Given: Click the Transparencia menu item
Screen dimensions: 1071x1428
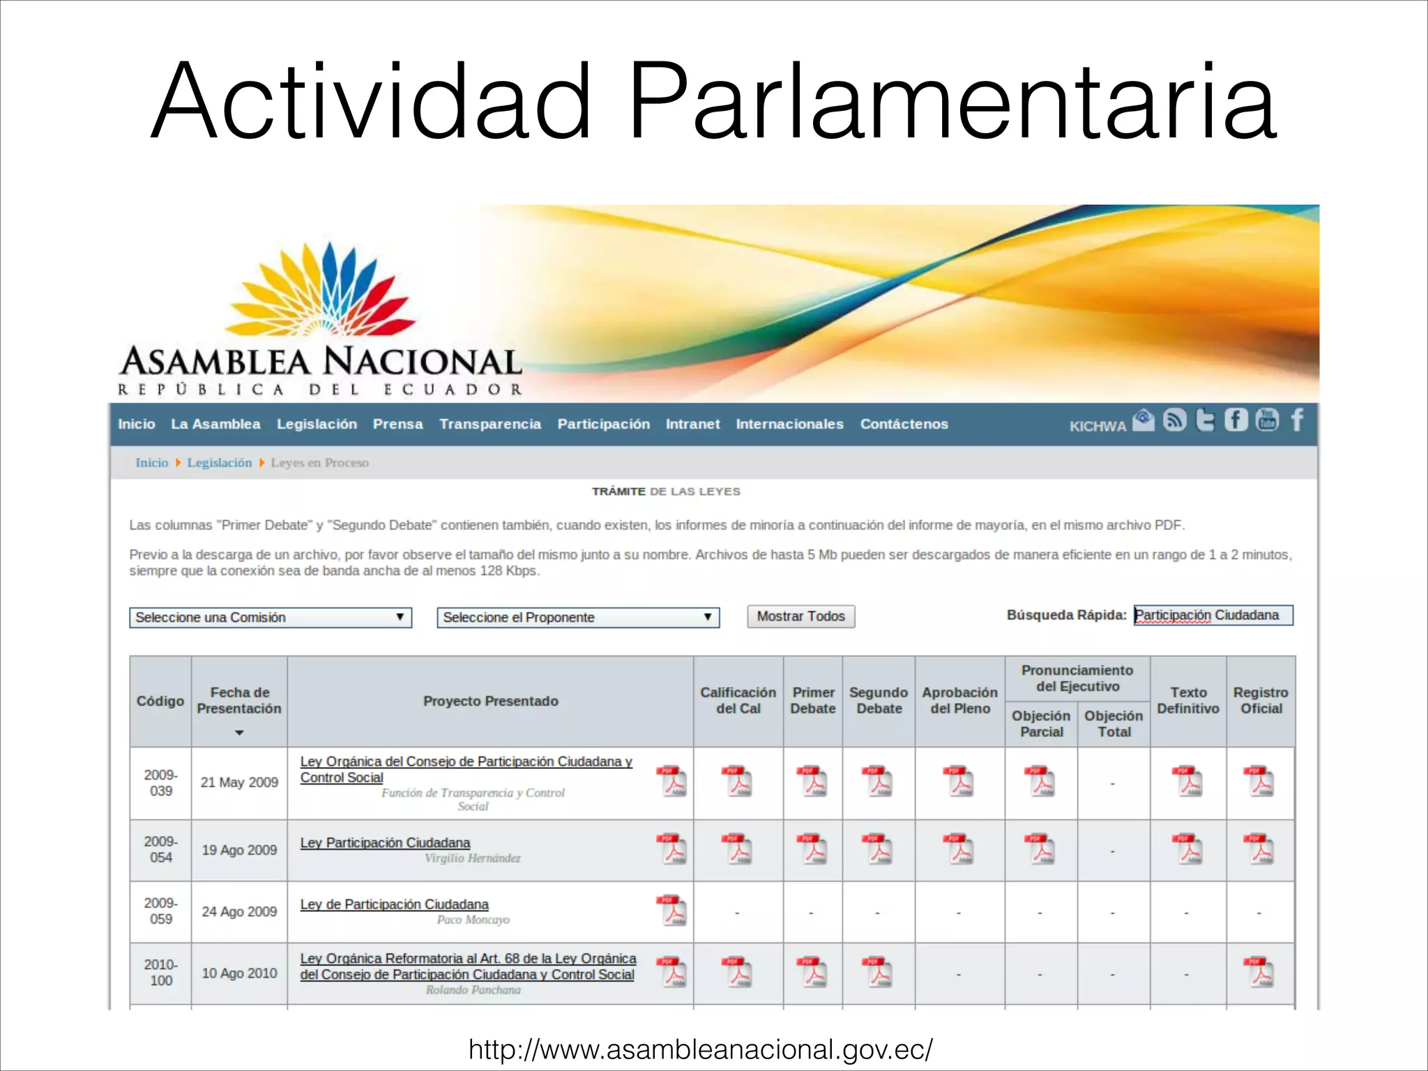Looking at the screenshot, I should [x=489, y=424].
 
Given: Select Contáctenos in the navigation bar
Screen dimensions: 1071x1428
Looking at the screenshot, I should [x=904, y=424].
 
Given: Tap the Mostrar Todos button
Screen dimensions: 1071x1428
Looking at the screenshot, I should [x=800, y=616].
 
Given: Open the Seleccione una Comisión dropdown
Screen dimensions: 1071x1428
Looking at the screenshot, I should [x=270, y=617].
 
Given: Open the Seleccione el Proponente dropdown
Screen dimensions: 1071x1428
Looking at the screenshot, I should [x=577, y=617].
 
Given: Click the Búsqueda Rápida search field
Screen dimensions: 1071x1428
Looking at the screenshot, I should [x=1213, y=615].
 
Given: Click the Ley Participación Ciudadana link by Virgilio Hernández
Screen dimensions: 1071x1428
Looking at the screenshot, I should [x=385, y=842].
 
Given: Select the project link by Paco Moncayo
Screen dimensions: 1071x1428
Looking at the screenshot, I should [x=394, y=904].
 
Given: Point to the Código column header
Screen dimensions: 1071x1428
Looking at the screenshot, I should [x=160, y=701].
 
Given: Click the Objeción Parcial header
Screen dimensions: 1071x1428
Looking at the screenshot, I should [x=1041, y=724].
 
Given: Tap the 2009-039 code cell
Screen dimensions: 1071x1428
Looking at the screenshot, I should [x=160, y=782].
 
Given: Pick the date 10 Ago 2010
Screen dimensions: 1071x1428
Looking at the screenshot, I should [x=239, y=973].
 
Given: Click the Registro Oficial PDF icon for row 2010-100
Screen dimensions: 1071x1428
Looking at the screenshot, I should [x=1260, y=972].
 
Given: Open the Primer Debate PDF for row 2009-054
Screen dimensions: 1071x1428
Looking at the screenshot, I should [x=812, y=849].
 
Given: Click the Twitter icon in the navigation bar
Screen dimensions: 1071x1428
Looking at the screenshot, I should [x=1205, y=420].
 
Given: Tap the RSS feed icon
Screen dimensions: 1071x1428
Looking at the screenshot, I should [x=1175, y=420].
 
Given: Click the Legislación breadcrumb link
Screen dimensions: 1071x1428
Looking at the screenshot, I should [x=219, y=463].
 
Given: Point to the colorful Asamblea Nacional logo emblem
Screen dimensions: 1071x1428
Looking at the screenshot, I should [x=322, y=289].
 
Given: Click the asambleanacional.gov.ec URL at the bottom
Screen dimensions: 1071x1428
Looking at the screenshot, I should [x=700, y=1049].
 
